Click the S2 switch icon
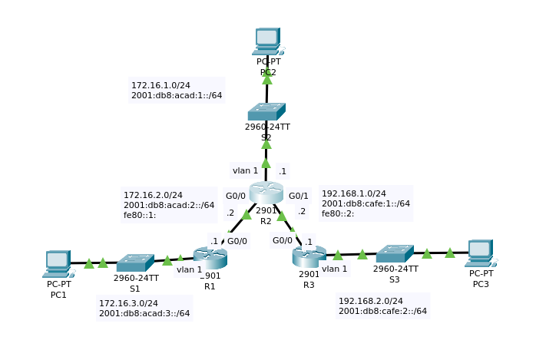266,111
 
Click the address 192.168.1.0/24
353,193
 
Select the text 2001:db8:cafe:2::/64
382,311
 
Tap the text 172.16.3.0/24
128,303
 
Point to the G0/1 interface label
299,196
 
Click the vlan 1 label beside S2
244,170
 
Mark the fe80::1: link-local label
139,215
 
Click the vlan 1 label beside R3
335,269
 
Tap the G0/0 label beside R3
282,240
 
